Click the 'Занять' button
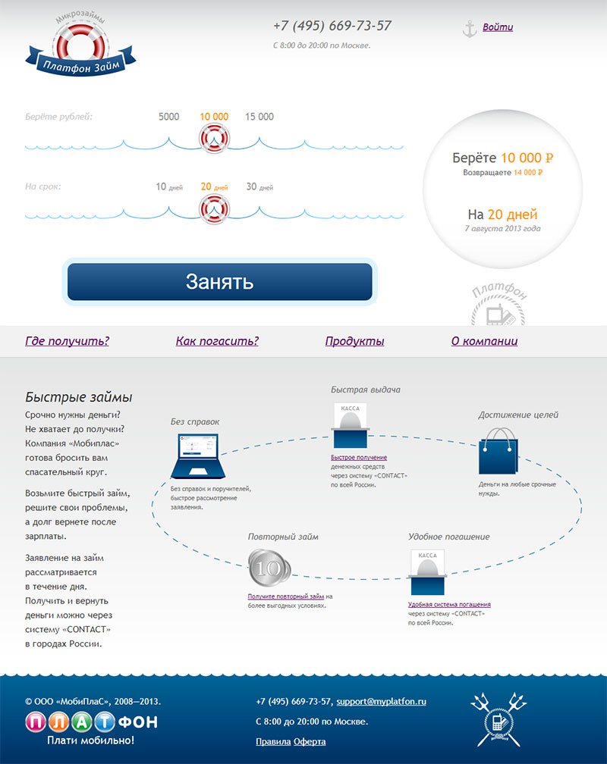[x=219, y=282]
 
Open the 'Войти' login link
[x=497, y=27]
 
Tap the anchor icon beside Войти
[x=469, y=29]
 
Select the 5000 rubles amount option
[x=168, y=117]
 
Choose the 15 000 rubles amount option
[x=259, y=117]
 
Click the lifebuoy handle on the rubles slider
[x=214, y=139]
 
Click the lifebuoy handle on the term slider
[x=214, y=208]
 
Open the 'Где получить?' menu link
[x=67, y=341]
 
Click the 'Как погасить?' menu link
[x=217, y=341]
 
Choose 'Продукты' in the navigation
[x=354, y=341]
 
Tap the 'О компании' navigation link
[x=484, y=341]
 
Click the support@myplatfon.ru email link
[x=381, y=701]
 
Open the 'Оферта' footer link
[x=310, y=741]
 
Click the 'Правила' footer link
[x=272, y=741]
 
